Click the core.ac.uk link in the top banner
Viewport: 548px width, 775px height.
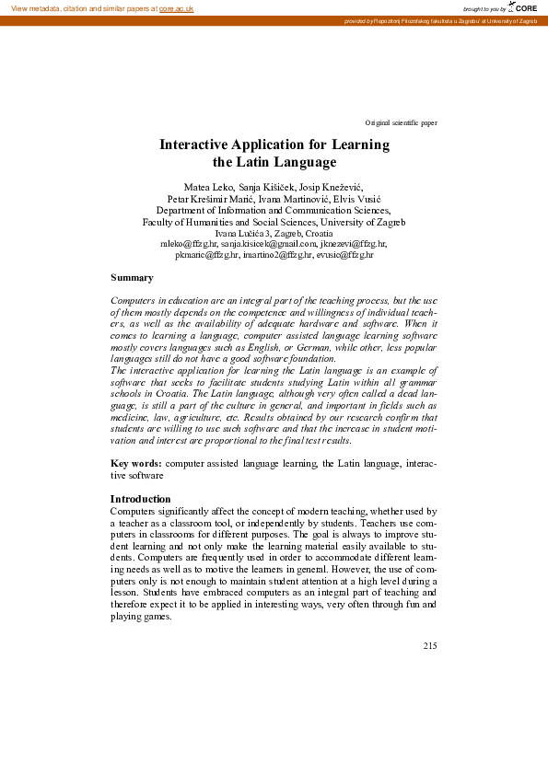pos(176,8)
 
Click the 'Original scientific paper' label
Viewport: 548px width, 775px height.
pos(401,122)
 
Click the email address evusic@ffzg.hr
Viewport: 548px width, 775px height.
pos(344,255)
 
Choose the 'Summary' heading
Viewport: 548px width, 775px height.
pos(132,277)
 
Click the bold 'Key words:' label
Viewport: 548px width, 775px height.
pos(136,464)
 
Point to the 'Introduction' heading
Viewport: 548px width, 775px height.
pos(140,499)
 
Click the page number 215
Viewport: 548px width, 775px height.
pos(430,645)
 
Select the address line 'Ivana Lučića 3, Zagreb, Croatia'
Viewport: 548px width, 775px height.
pos(274,233)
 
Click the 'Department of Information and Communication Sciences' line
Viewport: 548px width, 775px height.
pos(274,211)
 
